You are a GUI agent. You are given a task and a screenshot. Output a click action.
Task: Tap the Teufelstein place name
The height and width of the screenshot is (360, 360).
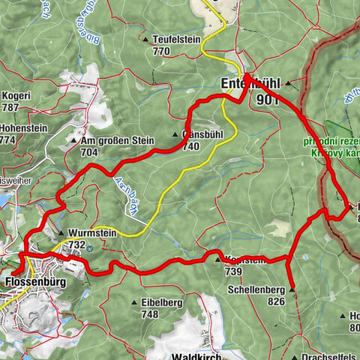(176, 40)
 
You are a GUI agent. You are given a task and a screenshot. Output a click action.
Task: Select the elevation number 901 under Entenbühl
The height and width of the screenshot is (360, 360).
(267, 99)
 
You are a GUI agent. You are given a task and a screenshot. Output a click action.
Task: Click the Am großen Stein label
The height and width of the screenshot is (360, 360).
(116, 140)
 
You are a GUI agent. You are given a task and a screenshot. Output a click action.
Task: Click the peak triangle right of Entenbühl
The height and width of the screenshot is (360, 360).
(287, 87)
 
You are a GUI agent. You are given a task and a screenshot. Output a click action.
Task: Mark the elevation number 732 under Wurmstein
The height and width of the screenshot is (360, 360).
(76, 244)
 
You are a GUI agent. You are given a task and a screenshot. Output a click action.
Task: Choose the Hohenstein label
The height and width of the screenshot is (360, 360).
(23, 128)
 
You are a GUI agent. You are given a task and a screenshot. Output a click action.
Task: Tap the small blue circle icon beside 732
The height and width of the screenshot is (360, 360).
(91, 245)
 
